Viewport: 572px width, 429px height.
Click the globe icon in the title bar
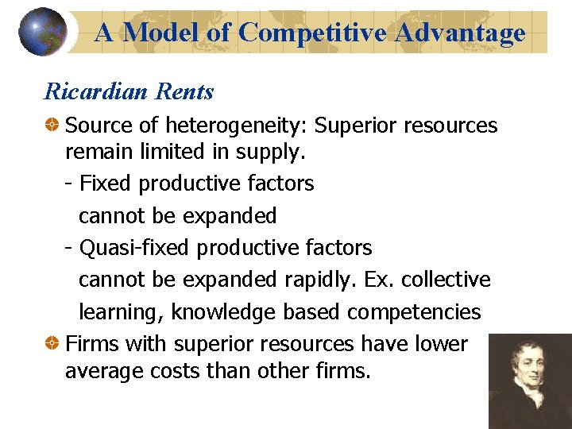pyautogui.click(x=42, y=31)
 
